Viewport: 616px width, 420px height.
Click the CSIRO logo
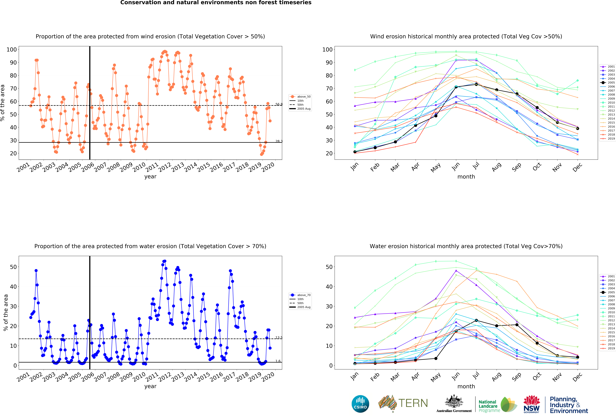point(360,404)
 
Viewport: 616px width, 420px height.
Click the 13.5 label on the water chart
point(279,338)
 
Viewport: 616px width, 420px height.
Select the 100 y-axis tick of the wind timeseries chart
point(12,50)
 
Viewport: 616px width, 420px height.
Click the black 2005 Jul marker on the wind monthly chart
point(476,84)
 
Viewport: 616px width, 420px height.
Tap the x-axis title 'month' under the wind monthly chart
point(466,177)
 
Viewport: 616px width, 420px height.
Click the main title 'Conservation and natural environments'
point(216,3)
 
